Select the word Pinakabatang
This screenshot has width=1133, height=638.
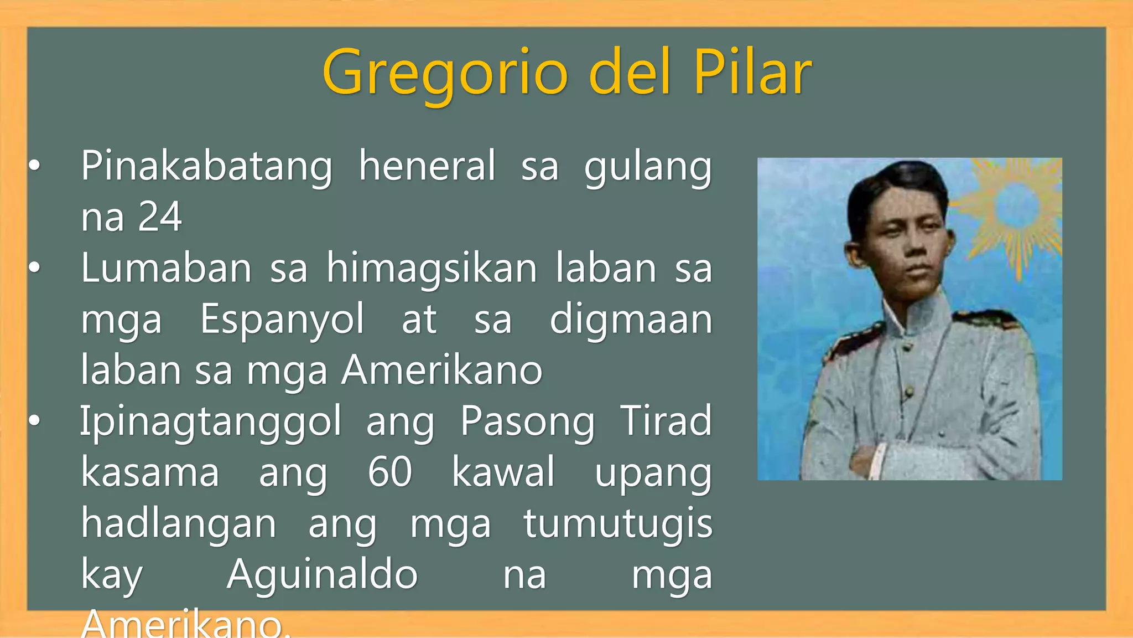pos(207,166)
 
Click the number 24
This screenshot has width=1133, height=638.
pos(160,217)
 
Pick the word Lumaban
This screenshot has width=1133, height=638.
pos(166,268)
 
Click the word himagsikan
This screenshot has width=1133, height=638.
pos(432,269)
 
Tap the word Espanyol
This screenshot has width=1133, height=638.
pos(282,320)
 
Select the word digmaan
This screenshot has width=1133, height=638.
pos(631,320)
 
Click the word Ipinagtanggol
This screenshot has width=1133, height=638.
pos(211,422)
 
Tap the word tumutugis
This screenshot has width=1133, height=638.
pos(618,524)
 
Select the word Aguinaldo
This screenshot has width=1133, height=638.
pos(322,574)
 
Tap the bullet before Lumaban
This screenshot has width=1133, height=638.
pos(34,268)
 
